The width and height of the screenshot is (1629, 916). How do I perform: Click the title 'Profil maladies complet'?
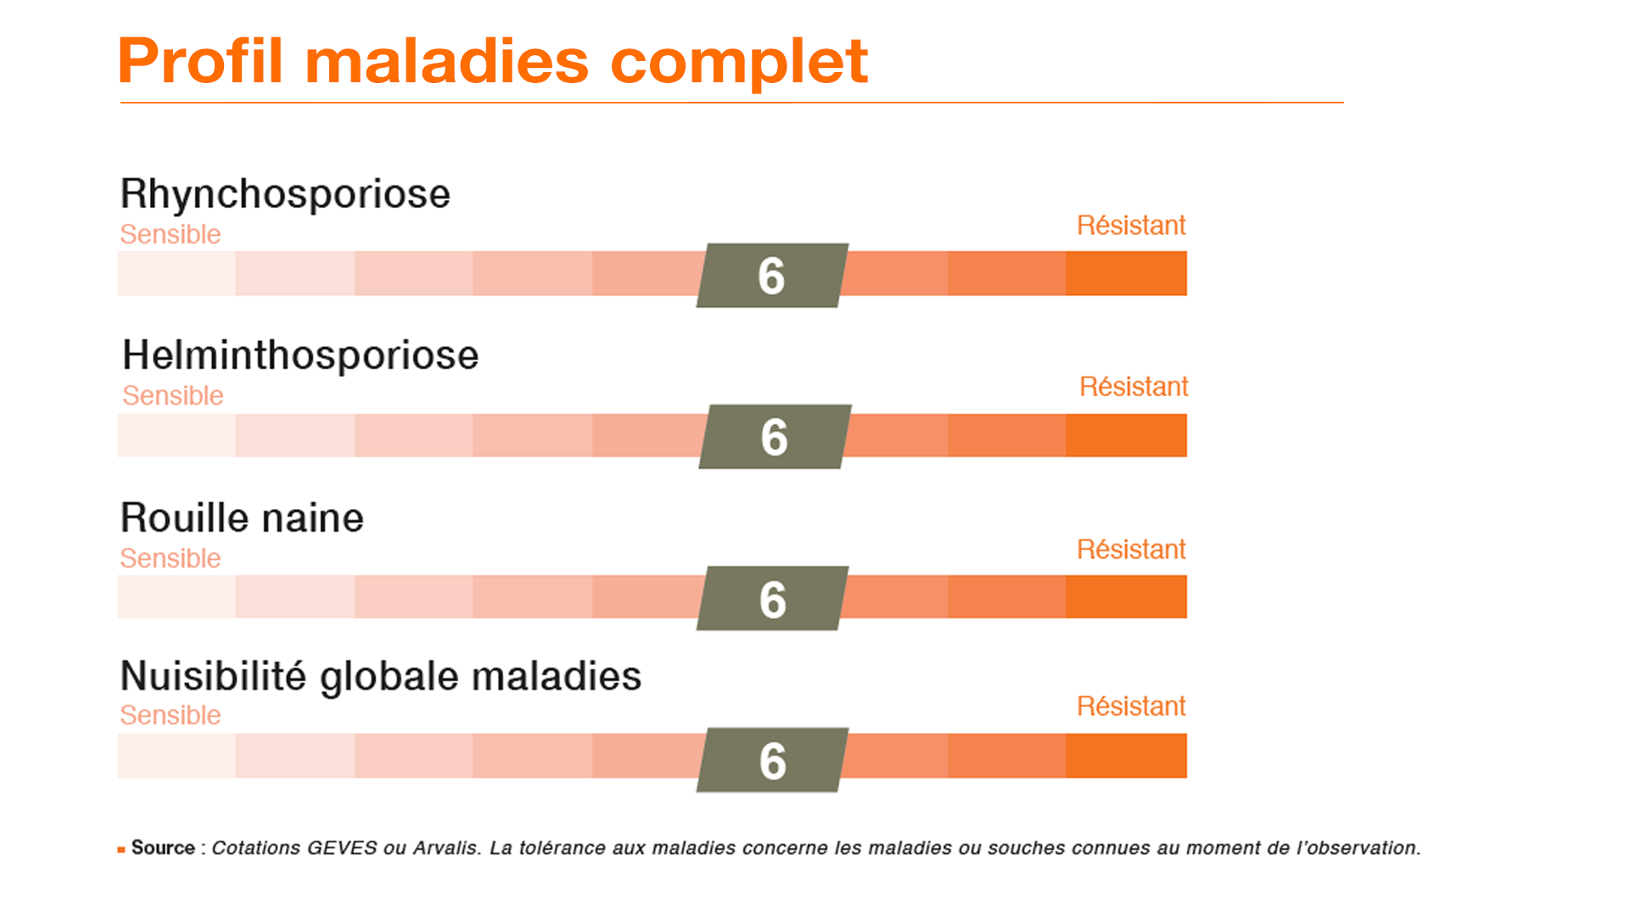(493, 62)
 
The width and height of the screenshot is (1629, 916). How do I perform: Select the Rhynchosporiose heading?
(285, 195)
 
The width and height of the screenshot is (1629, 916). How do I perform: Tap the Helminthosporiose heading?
(300, 356)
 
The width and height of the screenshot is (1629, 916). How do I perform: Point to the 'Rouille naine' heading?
(242, 517)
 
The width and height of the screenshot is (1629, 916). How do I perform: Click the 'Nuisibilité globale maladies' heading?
(381, 678)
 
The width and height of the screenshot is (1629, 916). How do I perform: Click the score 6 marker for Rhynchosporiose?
(772, 276)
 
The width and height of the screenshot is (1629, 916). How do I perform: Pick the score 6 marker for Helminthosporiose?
(775, 437)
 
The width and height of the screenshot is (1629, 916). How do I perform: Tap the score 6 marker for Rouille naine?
(772, 598)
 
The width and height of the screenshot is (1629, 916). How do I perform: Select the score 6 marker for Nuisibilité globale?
(772, 760)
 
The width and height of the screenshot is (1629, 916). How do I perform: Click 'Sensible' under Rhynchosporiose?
(171, 234)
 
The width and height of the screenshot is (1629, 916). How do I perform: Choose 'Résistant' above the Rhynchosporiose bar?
(1131, 226)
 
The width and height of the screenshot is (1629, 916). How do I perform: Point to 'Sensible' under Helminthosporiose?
(173, 395)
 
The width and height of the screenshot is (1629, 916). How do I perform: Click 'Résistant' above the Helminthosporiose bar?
(1134, 387)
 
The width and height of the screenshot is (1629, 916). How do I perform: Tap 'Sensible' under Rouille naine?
(171, 558)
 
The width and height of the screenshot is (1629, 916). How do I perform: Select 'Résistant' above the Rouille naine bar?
(1131, 550)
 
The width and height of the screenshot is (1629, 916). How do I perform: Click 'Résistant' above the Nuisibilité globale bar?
(1131, 707)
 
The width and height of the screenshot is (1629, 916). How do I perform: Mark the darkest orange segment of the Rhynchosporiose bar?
(1127, 273)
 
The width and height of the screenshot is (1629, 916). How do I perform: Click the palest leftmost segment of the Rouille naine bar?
(176, 596)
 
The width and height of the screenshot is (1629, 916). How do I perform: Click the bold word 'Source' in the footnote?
(163, 848)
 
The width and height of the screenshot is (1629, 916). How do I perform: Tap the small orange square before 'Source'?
(121, 849)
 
